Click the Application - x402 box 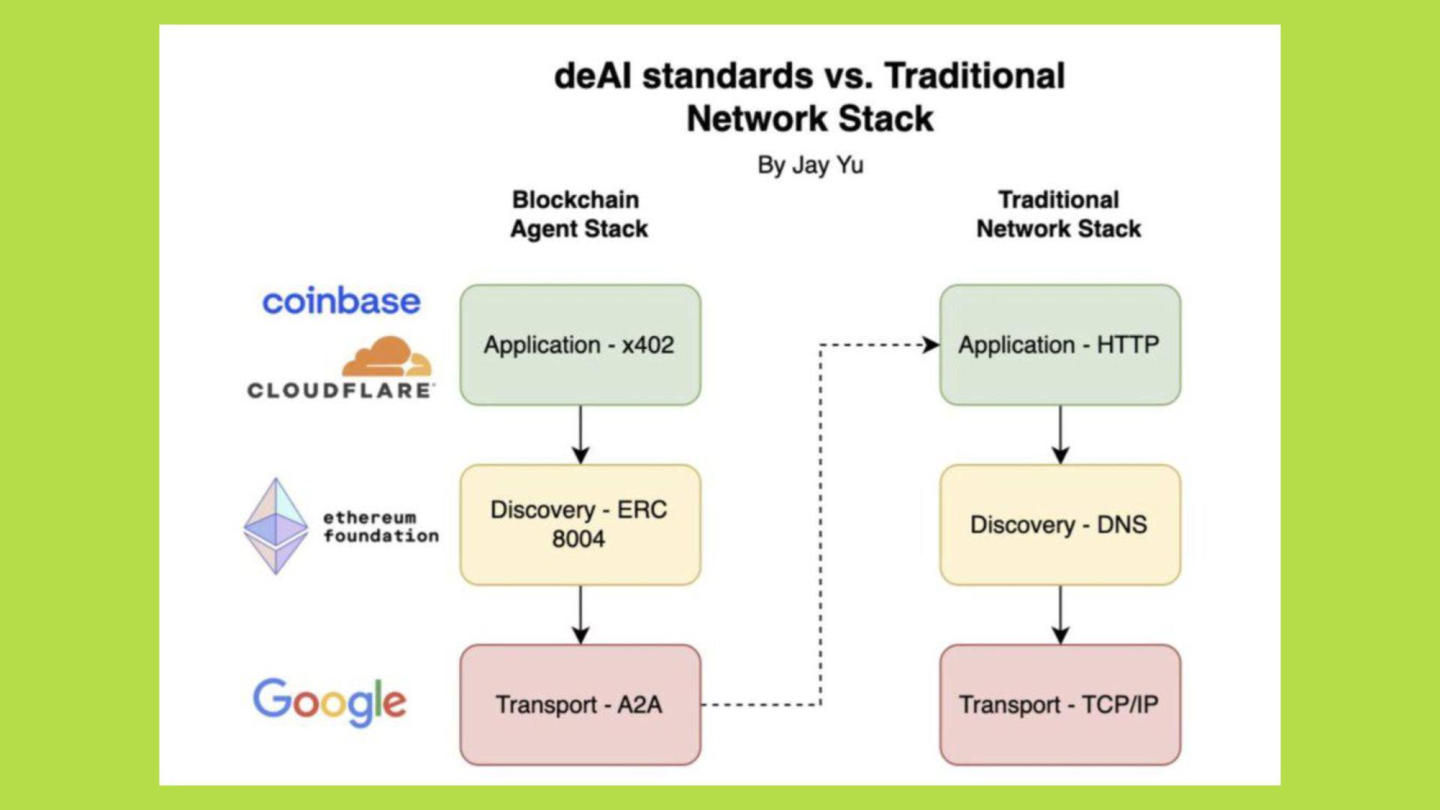[x=580, y=345]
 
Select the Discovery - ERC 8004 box [x=580, y=524]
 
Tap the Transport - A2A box [x=580, y=704]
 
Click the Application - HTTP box [x=1059, y=345]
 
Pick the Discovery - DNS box [x=1059, y=524]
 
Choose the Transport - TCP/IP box [x=1059, y=704]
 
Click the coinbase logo [x=341, y=301]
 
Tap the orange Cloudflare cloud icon [x=387, y=357]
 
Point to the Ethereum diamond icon [x=276, y=526]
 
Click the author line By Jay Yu [x=810, y=165]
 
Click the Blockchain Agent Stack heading [x=578, y=214]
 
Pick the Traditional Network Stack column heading [x=1058, y=214]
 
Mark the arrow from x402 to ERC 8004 [x=580, y=435]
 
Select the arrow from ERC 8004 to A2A [x=580, y=615]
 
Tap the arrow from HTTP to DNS [x=1060, y=435]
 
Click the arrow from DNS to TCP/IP [x=1060, y=615]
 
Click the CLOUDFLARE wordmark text [x=340, y=391]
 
